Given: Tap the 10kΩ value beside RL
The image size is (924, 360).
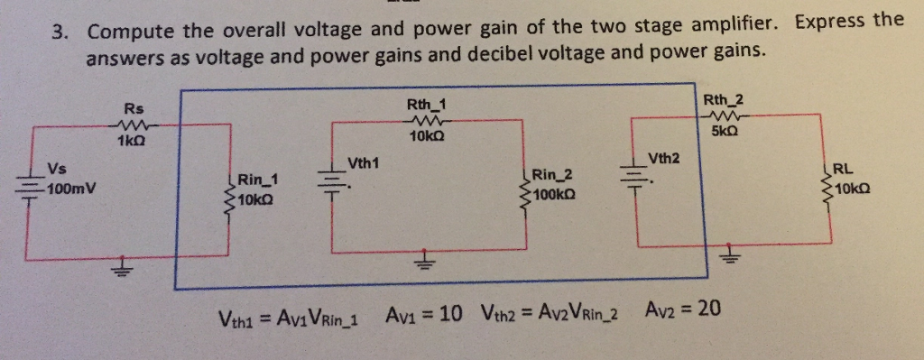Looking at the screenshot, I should pyautogui.click(x=855, y=189).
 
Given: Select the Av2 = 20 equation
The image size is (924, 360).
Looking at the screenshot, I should pyautogui.click(x=683, y=309).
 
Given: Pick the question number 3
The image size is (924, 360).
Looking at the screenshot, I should pyautogui.click(x=59, y=32).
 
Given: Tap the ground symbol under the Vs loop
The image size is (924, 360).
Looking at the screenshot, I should pyautogui.click(x=119, y=268).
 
